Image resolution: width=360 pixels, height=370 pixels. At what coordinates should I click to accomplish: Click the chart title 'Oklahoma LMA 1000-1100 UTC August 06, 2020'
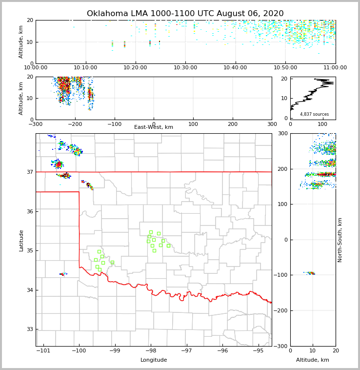point(185,14)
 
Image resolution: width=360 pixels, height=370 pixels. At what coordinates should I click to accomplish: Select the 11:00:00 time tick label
point(335,68)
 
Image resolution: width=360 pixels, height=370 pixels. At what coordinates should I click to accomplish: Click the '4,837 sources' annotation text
point(314,114)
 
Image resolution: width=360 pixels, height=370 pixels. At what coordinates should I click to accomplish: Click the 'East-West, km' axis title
point(154,127)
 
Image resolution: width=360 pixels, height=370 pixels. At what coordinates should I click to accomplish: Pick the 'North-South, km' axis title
point(340,240)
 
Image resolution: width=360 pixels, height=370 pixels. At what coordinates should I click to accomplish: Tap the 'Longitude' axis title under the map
point(154,360)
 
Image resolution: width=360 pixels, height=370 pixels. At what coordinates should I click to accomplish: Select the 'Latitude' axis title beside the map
point(21,240)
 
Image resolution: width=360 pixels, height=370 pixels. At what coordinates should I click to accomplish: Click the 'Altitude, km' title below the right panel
point(313,360)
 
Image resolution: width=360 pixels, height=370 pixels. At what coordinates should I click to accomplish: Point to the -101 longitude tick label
point(43,351)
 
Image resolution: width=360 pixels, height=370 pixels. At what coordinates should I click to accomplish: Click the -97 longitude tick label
point(187,351)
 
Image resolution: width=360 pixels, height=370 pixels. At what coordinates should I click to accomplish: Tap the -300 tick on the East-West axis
point(36,124)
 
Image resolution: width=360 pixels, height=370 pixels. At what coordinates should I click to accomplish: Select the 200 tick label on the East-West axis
point(233,124)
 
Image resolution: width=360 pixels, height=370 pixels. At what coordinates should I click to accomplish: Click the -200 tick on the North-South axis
point(281,310)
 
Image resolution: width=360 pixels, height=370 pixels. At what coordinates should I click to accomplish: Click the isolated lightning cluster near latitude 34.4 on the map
point(63,274)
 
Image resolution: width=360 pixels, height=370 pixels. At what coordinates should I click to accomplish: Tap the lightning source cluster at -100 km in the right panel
point(310,273)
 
